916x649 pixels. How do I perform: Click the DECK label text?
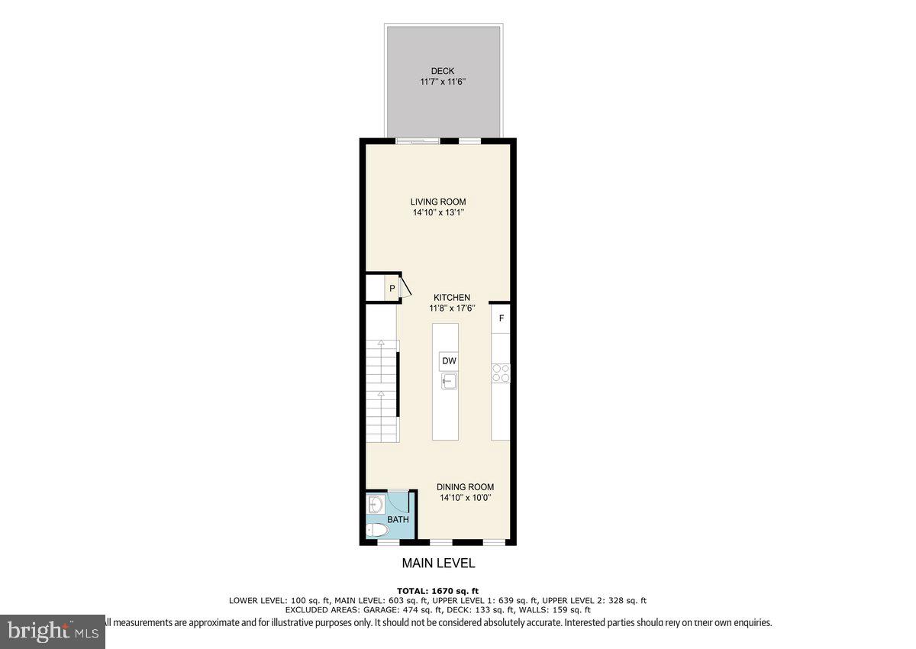(x=442, y=71)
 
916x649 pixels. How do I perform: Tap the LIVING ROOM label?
(x=438, y=202)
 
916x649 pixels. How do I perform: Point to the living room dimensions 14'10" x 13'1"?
(x=438, y=214)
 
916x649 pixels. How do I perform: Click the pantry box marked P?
(x=392, y=289)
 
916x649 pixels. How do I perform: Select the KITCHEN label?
(x=452, y=297)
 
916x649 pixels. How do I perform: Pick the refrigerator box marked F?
(x=501, y=318)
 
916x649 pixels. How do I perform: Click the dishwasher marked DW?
(x=448, y=361)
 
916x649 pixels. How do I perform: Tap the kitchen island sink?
(x=448, y=380)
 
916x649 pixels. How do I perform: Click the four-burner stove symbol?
(x=501, y=373)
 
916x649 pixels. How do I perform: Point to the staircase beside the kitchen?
(x=382, y=389)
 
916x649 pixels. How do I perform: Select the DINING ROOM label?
(x=465, y=486)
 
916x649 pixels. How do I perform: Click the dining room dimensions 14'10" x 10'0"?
(x=465, y=499)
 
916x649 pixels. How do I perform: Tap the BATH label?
(x=398, y=520)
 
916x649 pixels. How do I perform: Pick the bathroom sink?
(x=375, y=505)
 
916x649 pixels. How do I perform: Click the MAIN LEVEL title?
(x=438, y=563)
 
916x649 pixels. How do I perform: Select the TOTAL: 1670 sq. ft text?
(x=438, y=591)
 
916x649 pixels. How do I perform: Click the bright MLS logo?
(x=53, y=631)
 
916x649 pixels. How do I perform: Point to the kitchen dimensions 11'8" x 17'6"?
(x=452, y=309)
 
